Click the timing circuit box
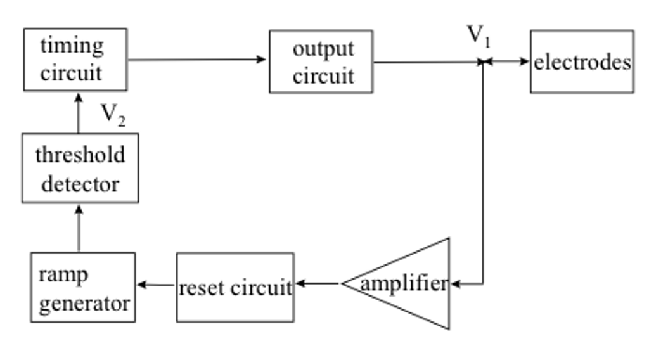75,59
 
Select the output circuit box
321,61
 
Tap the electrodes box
582,61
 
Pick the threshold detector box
80,168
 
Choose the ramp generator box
83,287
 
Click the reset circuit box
235,287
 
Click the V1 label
479,35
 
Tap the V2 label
113,115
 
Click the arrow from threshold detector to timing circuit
79,112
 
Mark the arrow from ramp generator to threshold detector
79,228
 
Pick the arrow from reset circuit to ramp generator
156,285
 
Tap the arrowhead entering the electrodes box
525,61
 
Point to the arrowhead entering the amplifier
454,285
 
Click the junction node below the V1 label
483,61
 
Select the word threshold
80,155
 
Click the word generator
84,303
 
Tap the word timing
72,46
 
